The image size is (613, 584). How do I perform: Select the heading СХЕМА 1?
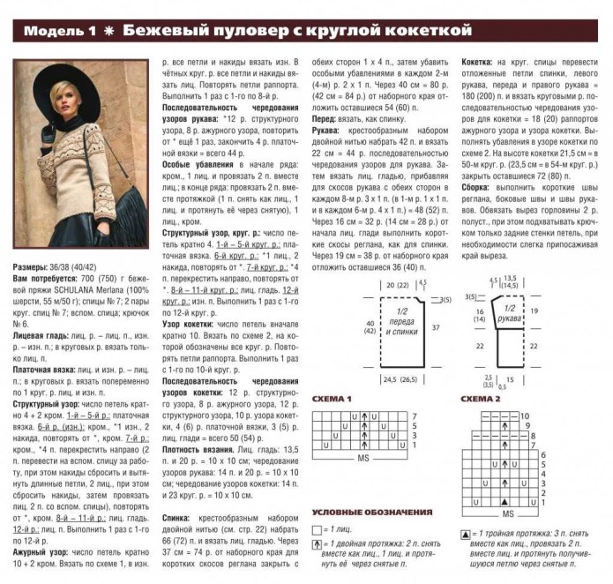pos(332,399)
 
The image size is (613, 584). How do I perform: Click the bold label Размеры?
pos(34,266)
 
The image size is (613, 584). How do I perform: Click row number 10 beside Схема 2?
pos(523,413)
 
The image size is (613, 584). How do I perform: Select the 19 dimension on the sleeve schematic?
pos(535,311)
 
